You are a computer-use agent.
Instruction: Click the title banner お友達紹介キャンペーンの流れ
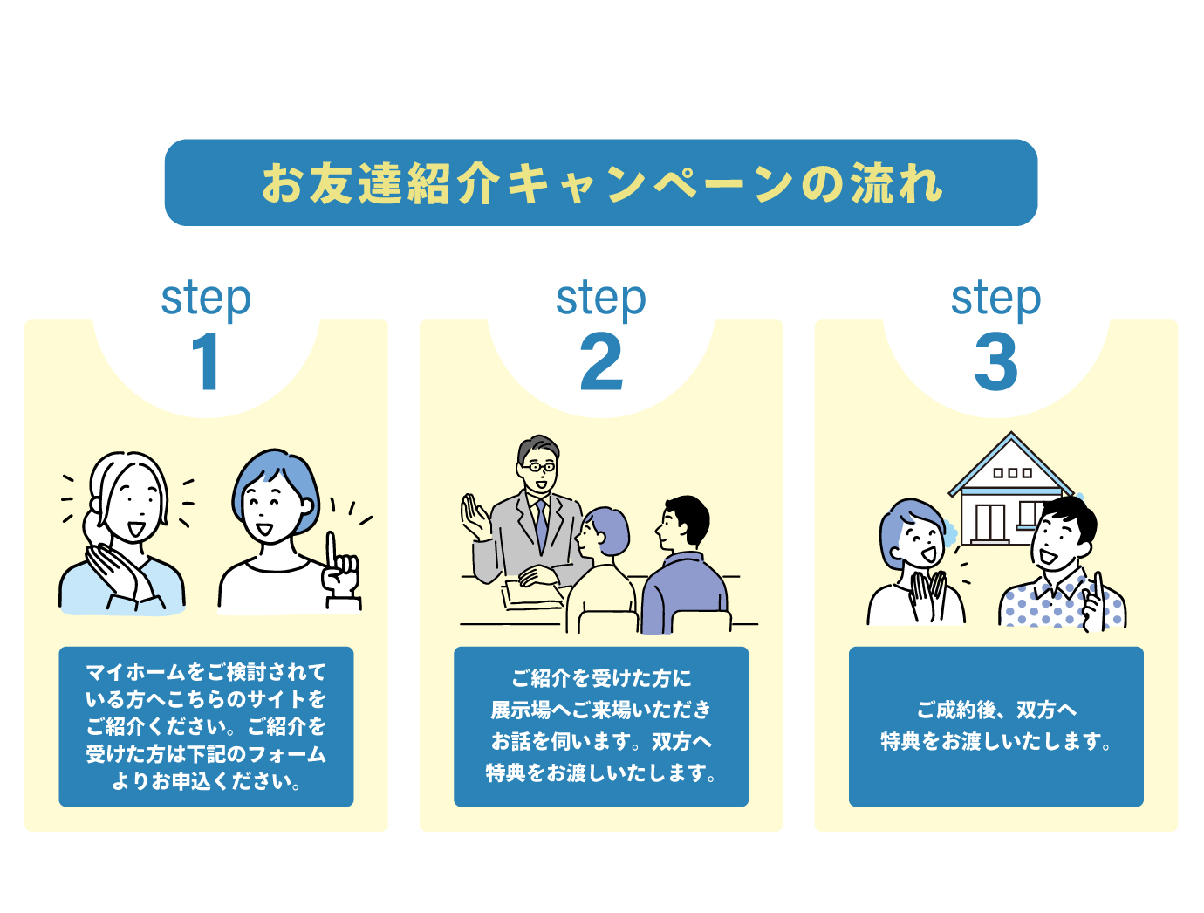601,183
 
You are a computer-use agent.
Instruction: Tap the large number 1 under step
207,362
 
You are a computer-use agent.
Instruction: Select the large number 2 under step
601,362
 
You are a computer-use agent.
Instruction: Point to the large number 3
995,362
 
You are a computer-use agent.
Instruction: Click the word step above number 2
601,299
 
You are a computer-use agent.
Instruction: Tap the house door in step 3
989,523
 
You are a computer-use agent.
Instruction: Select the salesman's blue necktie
542,524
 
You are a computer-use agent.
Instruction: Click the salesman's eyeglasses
538,468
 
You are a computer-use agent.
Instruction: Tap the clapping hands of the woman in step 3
927,594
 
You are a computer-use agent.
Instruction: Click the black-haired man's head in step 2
684,523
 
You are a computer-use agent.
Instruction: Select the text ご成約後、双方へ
995,710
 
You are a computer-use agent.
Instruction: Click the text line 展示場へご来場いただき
601,710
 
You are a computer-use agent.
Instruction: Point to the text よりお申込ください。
207,781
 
